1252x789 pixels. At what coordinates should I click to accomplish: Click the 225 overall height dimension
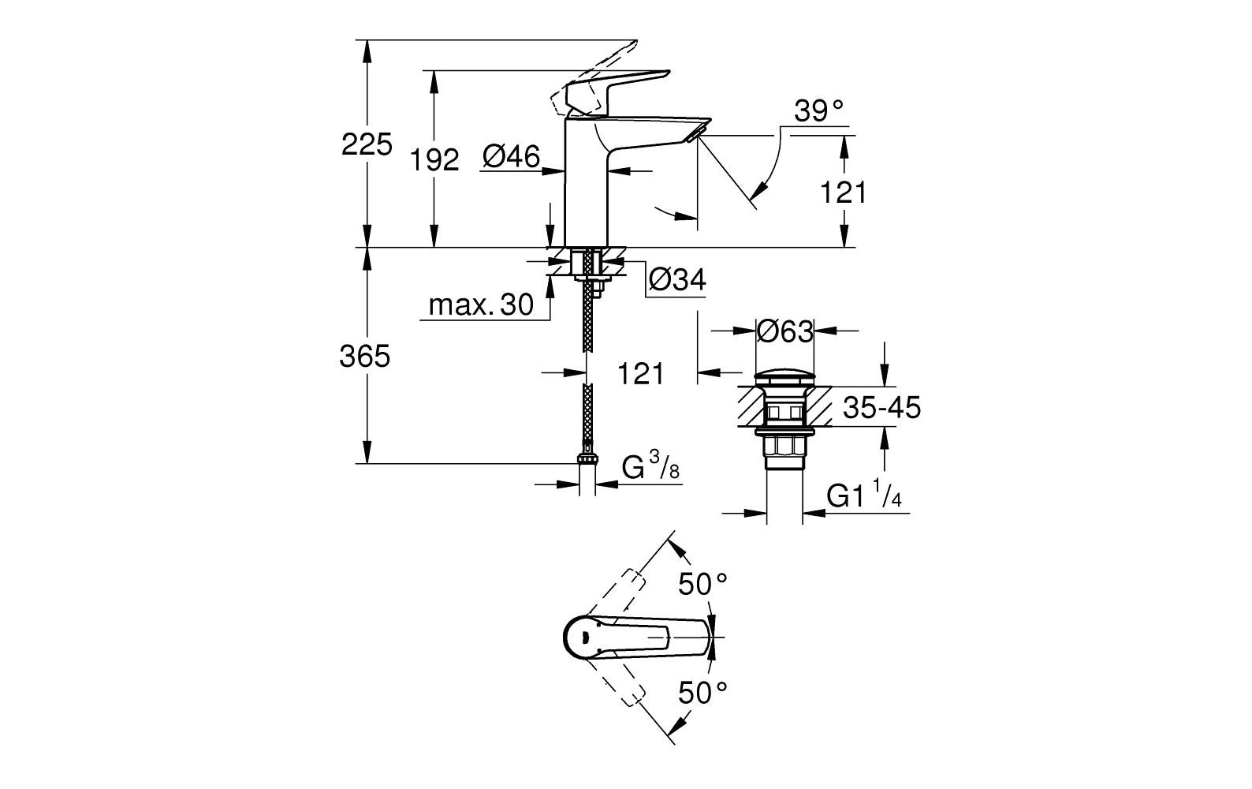click(366, 145)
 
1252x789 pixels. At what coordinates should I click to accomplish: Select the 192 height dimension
click(434, 160)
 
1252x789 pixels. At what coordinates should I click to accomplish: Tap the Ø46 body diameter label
click(511, 158)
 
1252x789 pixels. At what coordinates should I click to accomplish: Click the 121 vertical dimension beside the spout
click(843, 192)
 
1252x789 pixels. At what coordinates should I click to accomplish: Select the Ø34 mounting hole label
click(676, 279)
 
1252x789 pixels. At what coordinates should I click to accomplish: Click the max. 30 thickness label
click(481, 305)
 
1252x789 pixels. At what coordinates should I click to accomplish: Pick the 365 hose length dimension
click(365, 357)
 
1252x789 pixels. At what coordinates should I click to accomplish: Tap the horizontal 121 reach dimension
click(639, 373)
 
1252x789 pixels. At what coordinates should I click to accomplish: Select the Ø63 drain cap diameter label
click(784, 331)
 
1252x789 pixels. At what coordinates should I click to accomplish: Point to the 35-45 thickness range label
click(881, 408)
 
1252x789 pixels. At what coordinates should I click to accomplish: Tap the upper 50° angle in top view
click(703, 584)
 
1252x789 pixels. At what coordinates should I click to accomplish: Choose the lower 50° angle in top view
click(703, 692)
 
